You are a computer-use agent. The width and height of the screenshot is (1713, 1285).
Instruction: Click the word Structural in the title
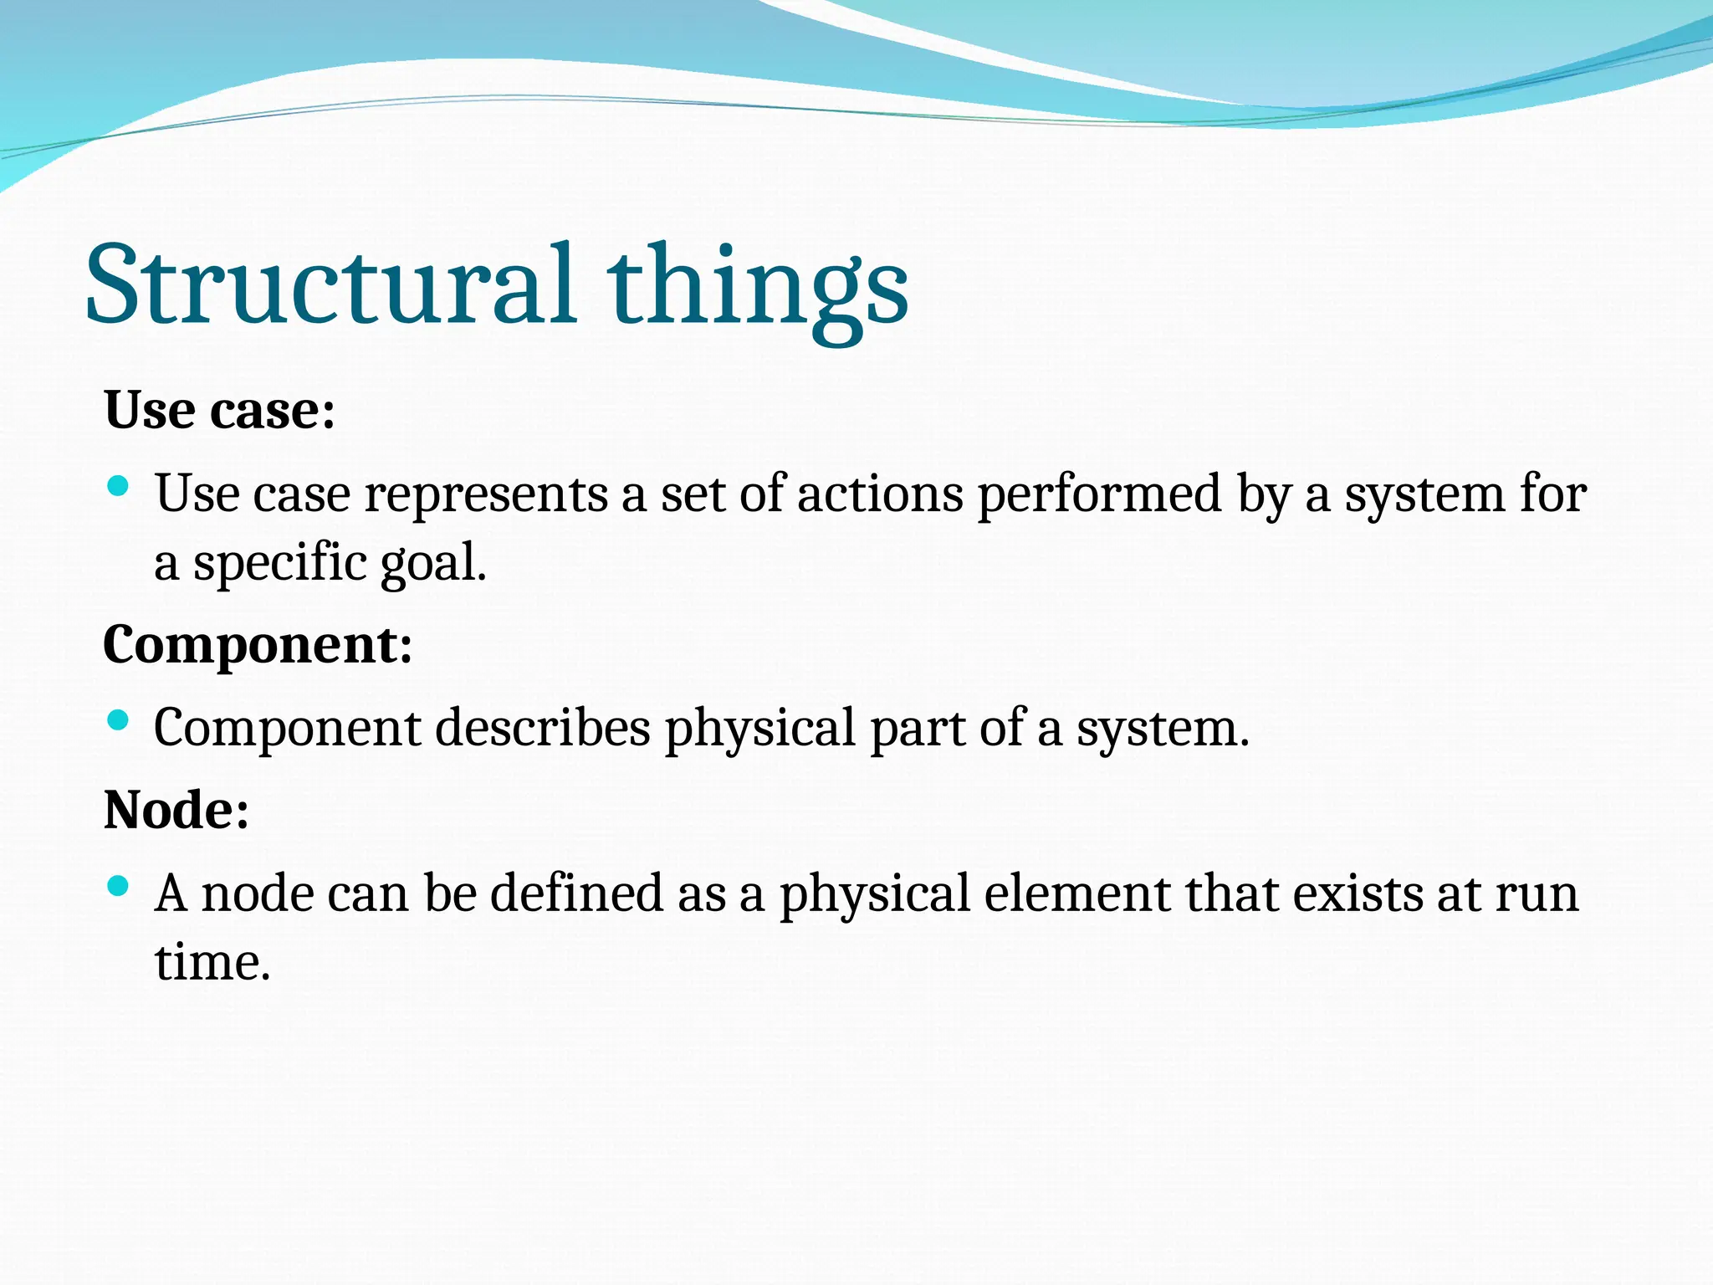pos(330,284)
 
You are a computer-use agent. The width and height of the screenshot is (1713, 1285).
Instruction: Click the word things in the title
pos(757,289)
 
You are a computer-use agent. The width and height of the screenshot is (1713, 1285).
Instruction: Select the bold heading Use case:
pos(219,411)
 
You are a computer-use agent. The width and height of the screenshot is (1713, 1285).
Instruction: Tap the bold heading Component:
pos(258,646)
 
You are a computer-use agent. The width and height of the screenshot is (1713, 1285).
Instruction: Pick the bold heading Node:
pos(176,811)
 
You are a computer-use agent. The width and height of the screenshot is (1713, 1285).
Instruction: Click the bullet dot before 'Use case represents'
pos(119,485)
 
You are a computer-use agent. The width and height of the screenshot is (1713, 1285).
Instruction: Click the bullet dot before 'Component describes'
pos(119,719)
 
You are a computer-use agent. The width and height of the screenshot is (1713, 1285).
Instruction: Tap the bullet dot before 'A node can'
pos(119,885)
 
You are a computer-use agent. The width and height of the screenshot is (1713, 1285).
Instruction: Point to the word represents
pos(486,494)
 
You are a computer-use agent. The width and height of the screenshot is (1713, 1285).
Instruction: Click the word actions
pos(880,494)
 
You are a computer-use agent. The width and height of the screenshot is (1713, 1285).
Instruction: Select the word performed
pos(1100,494)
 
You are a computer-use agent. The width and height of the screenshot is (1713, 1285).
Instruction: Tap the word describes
pos(542,728)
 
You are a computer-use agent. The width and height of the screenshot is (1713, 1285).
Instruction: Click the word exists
pos(1358,893)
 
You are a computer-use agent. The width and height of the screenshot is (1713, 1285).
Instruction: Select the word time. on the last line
pos(212,962)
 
